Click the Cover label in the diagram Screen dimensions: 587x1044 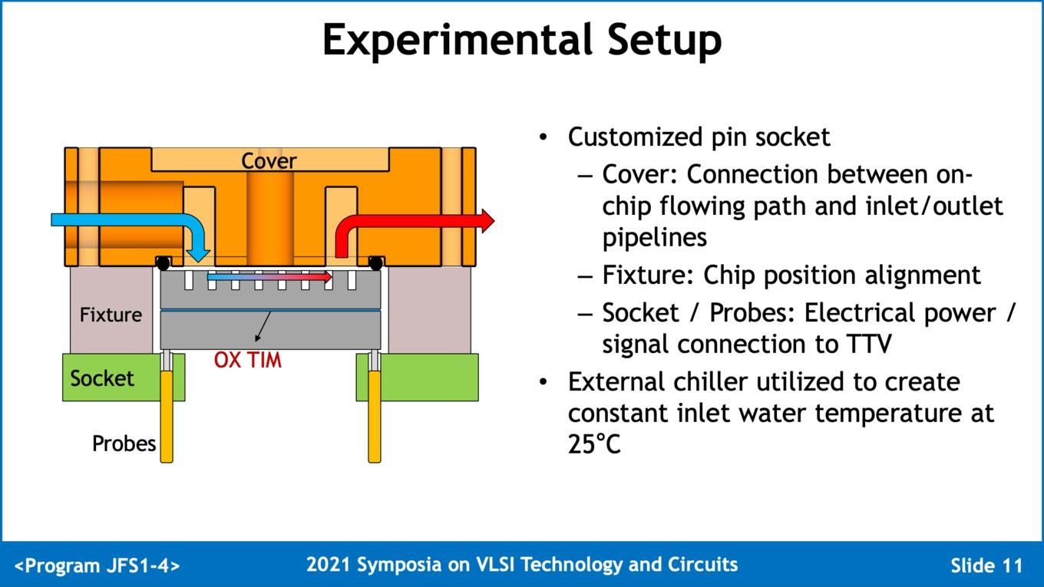tap(269, 161)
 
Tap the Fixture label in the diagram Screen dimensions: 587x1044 tap(111, 315)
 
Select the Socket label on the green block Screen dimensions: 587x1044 tap(101, 378)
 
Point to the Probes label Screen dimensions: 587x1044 tap(124, 444)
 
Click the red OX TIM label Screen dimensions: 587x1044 tap(247, 360)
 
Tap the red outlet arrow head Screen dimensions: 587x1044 tap(485, 220)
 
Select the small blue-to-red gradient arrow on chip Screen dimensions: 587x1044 tap(269, 276)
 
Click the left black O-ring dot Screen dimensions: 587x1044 tap(163, 263)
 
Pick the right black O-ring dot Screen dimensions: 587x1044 tap(375, 263)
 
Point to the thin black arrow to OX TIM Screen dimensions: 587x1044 tap(263, 325)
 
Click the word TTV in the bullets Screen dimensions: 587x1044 tap(868, 344)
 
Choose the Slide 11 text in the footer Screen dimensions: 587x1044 tap(986, 566)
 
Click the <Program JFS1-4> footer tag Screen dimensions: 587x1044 tap(97, 566)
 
